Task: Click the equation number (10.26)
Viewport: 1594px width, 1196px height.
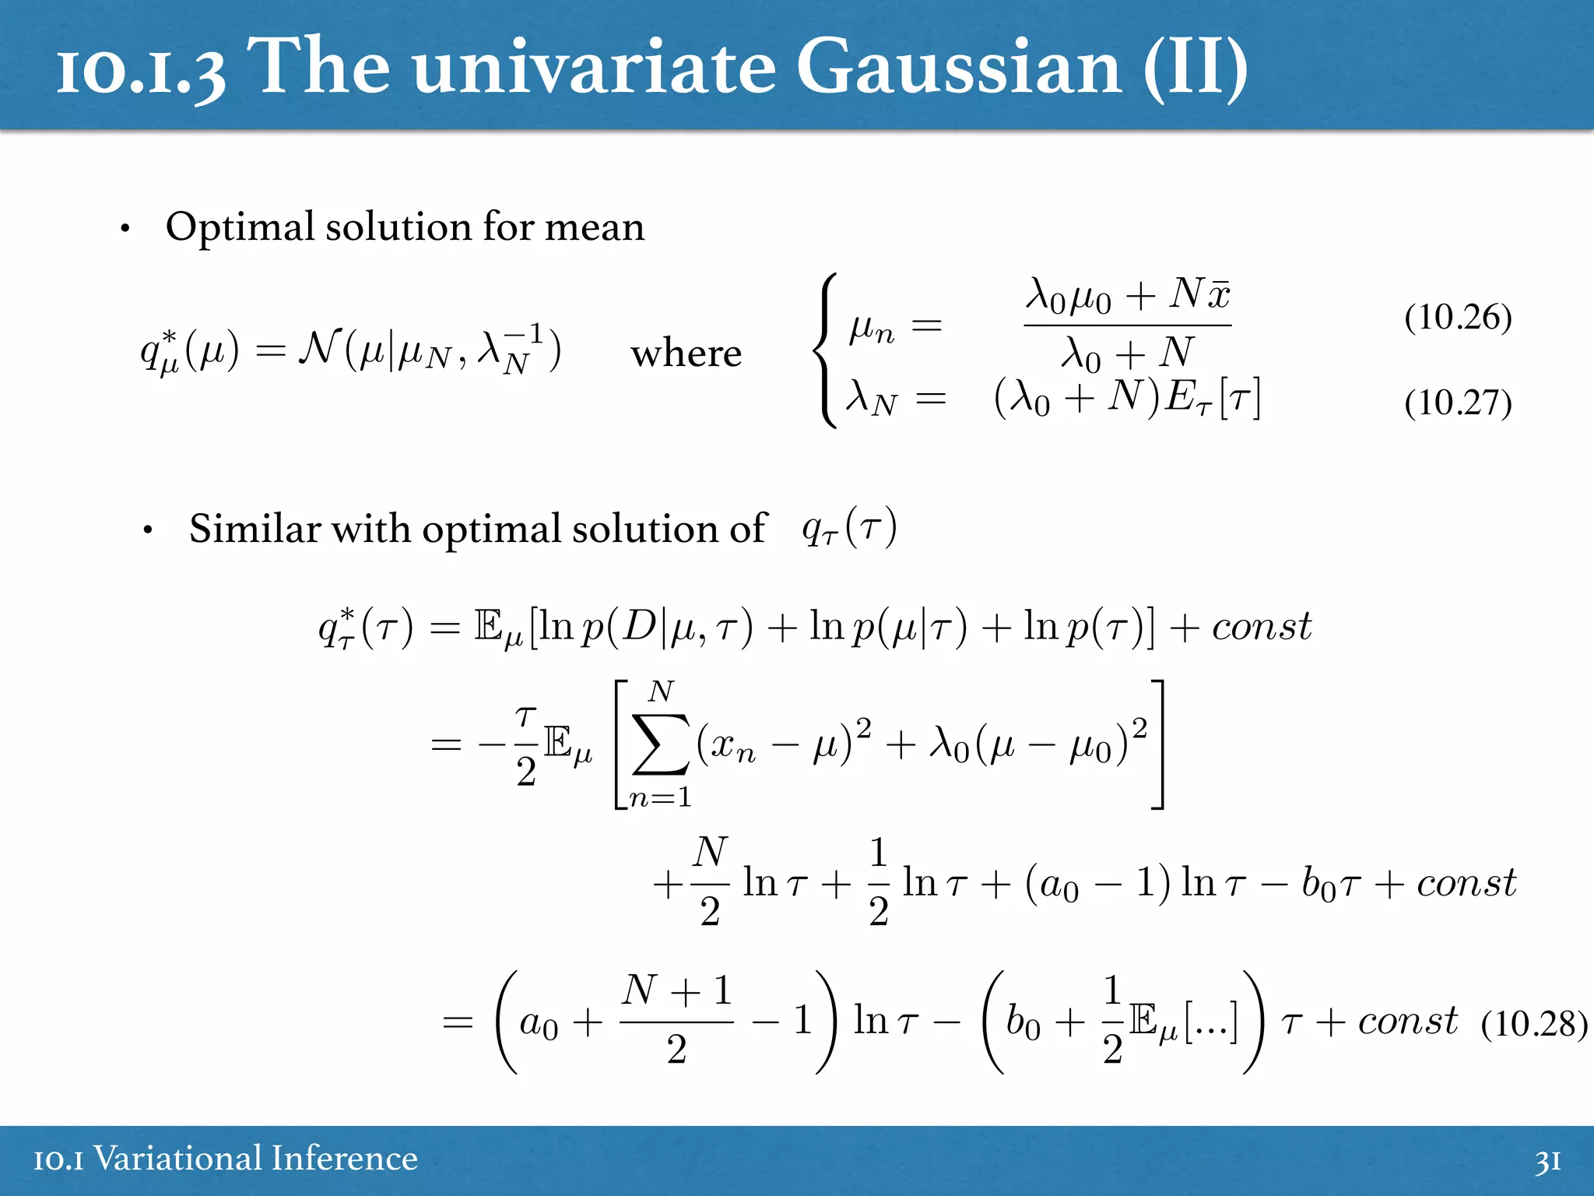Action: [x=1458, y=318]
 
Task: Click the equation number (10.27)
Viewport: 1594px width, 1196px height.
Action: [x=1458, y=403]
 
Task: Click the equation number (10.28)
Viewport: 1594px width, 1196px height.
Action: [x=1533, y=1025]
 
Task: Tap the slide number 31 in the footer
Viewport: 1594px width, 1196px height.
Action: [x=1548, y=1160]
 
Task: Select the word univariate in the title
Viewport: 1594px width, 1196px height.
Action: [x=594, y=69]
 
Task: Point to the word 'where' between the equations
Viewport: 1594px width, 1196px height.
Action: [x=686, y=354]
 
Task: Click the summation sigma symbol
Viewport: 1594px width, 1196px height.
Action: [x=661, y=744]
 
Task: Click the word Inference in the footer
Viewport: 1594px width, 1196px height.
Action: [x=339, y=1159]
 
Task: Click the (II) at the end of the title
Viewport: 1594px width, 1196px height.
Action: [x=1195, y=69]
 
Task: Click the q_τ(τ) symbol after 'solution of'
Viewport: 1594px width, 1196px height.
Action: [x=849, y=528]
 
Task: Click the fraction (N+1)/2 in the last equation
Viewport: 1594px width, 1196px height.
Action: [x=676, y=1020]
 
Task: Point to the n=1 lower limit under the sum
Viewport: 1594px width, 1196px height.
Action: [x=660, y=798]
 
